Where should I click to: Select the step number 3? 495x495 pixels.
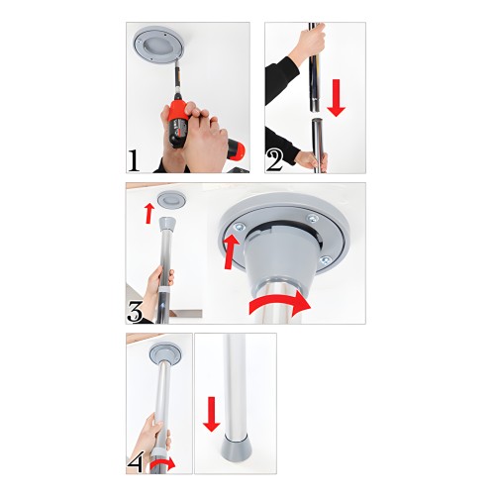point(138,311)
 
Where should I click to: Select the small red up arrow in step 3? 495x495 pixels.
point(148,211)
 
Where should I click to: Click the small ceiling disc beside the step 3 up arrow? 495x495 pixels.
point(171,200)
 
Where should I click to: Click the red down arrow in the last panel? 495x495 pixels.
point(211,413)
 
